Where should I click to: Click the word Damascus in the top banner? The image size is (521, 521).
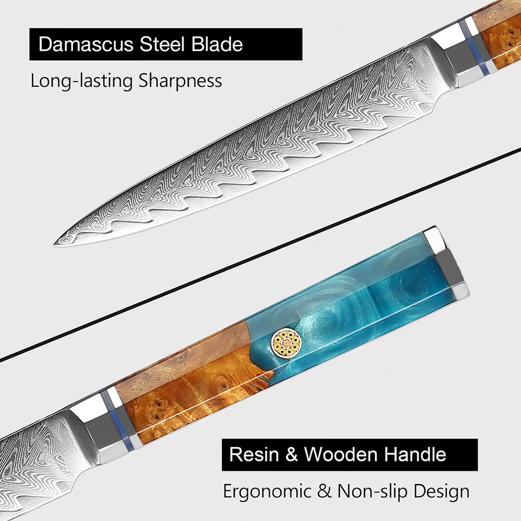click(x=86, y=44)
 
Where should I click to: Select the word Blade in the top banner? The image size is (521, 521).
click(x=217, y=44)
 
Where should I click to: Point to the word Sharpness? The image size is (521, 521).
click(x=180, y=80)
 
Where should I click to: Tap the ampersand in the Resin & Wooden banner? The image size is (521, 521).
click(x=291, y=454)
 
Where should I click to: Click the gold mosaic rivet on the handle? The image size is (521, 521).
click(x=286, y=343)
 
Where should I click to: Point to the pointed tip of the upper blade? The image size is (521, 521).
click(x=54, y=244)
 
